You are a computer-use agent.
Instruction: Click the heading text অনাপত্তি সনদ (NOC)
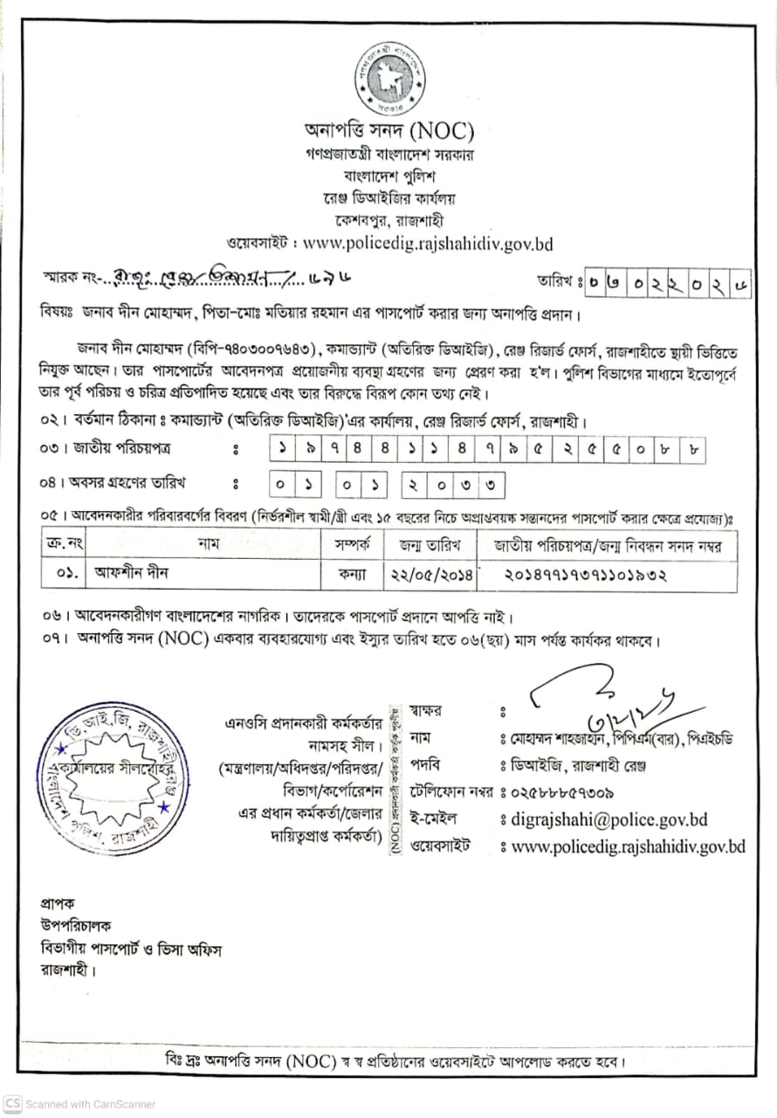tap(388, 132)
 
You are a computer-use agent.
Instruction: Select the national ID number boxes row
tap(487, 449)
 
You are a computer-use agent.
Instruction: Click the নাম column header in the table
tap(208, 545)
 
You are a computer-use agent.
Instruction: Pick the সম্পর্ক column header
tap(354, 545)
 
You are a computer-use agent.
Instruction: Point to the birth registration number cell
tap(585, 575)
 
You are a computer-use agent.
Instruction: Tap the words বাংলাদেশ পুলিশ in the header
tap(389, 177)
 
